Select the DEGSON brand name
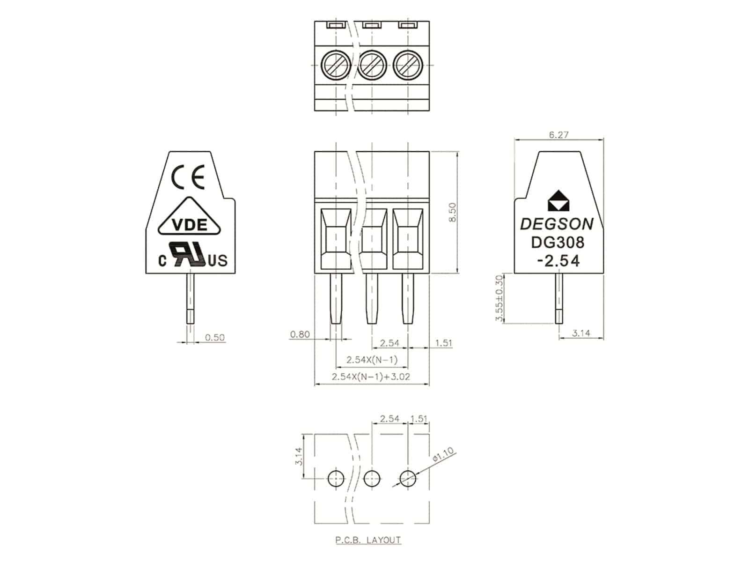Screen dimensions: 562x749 557,224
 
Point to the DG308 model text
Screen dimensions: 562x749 557,242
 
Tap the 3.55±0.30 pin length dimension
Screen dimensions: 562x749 499,298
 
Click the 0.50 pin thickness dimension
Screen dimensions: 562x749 215,337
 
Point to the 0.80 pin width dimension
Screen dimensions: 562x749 300,334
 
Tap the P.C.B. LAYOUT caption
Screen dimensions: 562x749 368,540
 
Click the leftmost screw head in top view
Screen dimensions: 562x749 336,66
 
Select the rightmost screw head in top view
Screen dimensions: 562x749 408,66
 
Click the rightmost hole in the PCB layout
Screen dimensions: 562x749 408,478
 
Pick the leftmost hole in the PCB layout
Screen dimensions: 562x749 336,478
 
